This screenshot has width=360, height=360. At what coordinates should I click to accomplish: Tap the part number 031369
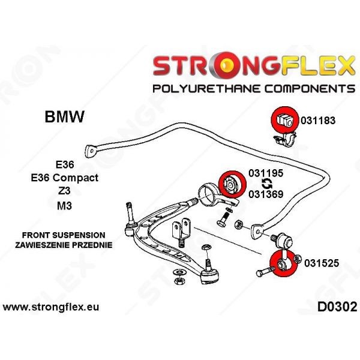266,193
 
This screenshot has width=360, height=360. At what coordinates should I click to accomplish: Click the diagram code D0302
334,307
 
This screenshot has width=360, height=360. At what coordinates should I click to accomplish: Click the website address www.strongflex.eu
51,307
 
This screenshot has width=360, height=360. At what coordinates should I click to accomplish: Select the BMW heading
65,117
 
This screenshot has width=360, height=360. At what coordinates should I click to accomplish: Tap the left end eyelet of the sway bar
92,149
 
